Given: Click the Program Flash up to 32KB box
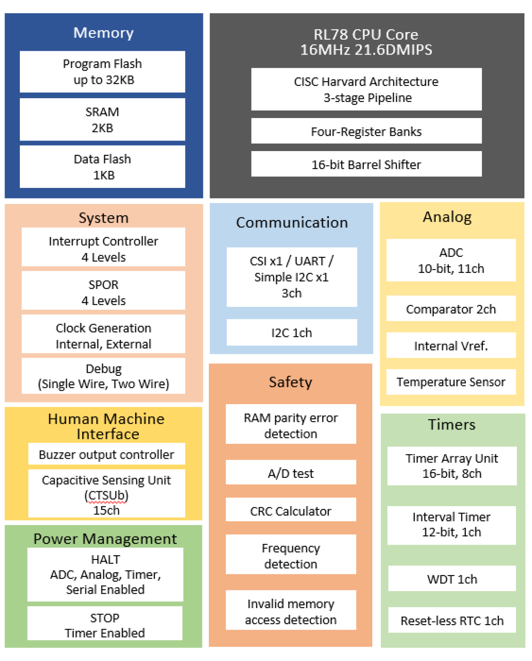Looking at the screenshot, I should click(x=103, y=72).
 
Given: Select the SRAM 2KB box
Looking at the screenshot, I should click(x=103, y=119).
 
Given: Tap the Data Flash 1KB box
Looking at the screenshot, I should click(x=103, y=167).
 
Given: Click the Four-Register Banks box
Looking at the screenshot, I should click(x=366, y=131).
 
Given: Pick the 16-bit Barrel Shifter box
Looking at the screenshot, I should click(x=366, y=164).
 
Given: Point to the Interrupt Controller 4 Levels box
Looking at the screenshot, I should click(x=103, y=248).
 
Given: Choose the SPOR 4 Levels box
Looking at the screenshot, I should click(x=103, y=292).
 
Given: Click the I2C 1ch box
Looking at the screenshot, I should click(x=292, y=333).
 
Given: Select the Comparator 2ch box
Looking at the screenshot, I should click(x=451, y=309).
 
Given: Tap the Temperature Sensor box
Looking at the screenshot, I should click(x=451, y=382).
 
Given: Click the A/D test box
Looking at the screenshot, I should click(x=291, y=473).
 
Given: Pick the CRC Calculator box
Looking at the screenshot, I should click(x=291, y=511).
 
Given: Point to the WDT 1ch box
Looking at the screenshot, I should click(x=452, y=579).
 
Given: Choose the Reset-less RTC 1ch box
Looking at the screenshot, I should click(x=452, y=620).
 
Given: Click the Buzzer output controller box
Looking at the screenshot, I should click(x=106, y=454).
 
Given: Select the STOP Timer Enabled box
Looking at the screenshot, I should click(x=105, y=625).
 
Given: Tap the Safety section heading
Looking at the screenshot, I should click(x=291, y=382).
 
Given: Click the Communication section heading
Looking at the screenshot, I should click(x=292, y=223).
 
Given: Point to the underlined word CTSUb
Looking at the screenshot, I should click(x=106, y=495).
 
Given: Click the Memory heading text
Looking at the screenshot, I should click(x=103, y=33).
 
